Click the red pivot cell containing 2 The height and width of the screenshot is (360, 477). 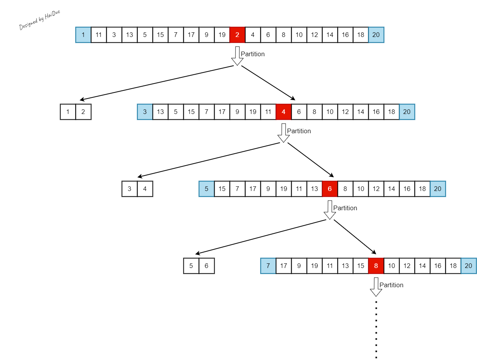point(237,35)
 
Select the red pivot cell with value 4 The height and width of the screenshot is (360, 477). point(284,112)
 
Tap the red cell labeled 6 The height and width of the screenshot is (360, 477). point(330,189)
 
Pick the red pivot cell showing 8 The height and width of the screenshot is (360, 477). point(376,266)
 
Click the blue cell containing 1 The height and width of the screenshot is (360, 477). point(83,35)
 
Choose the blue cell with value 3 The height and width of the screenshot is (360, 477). point(145,112)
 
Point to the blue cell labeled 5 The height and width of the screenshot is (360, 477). point(207,189)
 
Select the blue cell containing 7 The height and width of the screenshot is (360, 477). point(268,266)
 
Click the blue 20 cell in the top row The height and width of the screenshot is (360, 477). point(376,35)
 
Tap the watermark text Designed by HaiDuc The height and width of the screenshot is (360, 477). point(40,20)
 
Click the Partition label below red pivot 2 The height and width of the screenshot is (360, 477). point(253,54)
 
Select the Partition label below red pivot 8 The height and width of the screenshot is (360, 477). point(391,285)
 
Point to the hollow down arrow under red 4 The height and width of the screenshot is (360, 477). point(284,133)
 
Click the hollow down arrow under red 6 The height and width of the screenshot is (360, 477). point(330,210)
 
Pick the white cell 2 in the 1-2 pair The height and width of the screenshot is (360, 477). point(83,112)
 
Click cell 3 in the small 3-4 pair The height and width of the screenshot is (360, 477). point(129,189)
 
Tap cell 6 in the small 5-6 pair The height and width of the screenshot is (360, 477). point(207,266)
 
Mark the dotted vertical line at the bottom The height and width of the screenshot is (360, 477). point(376,329)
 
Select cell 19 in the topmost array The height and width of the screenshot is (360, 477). point(222,35)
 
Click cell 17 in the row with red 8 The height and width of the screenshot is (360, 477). point(284,266)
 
